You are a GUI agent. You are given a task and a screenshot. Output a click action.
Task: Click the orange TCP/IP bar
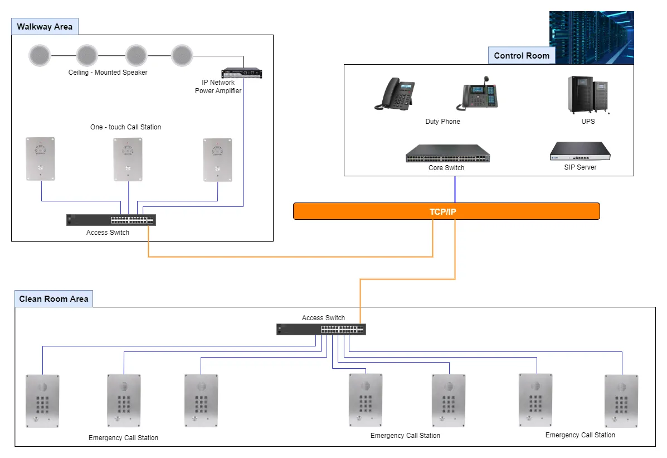click(x=446, y=211)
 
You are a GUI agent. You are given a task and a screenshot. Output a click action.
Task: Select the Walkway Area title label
click(x=45, y=27)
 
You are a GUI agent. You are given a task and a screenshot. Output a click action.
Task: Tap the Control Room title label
click(x=521, y=55)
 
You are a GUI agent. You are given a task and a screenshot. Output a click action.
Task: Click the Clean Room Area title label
click(x=53, y=299)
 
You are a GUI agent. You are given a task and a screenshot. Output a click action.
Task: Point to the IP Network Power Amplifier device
click(x=241, y=73)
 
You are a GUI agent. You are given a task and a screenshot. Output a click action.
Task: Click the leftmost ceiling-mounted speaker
click(x=40, y=55)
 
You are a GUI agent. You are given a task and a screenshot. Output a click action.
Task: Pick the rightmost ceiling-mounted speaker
click(x=181, y=55)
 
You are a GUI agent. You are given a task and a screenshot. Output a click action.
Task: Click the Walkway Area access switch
click(x=111, y=220)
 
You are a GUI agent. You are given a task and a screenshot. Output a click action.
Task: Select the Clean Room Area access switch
click(x=321, y=329)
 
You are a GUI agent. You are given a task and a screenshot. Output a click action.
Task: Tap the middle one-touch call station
click(x=128, y=159)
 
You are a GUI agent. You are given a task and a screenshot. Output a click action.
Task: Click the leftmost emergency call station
click(x=42, y=401)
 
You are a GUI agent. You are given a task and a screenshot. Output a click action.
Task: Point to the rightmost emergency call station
click(x=621, y=401)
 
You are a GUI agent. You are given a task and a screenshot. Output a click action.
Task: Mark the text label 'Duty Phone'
click(x=442, y=122)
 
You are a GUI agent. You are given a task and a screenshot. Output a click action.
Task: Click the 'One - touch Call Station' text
click(x=125, y=127)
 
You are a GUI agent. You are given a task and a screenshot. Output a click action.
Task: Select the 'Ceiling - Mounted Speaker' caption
click(x=108, y=73)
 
